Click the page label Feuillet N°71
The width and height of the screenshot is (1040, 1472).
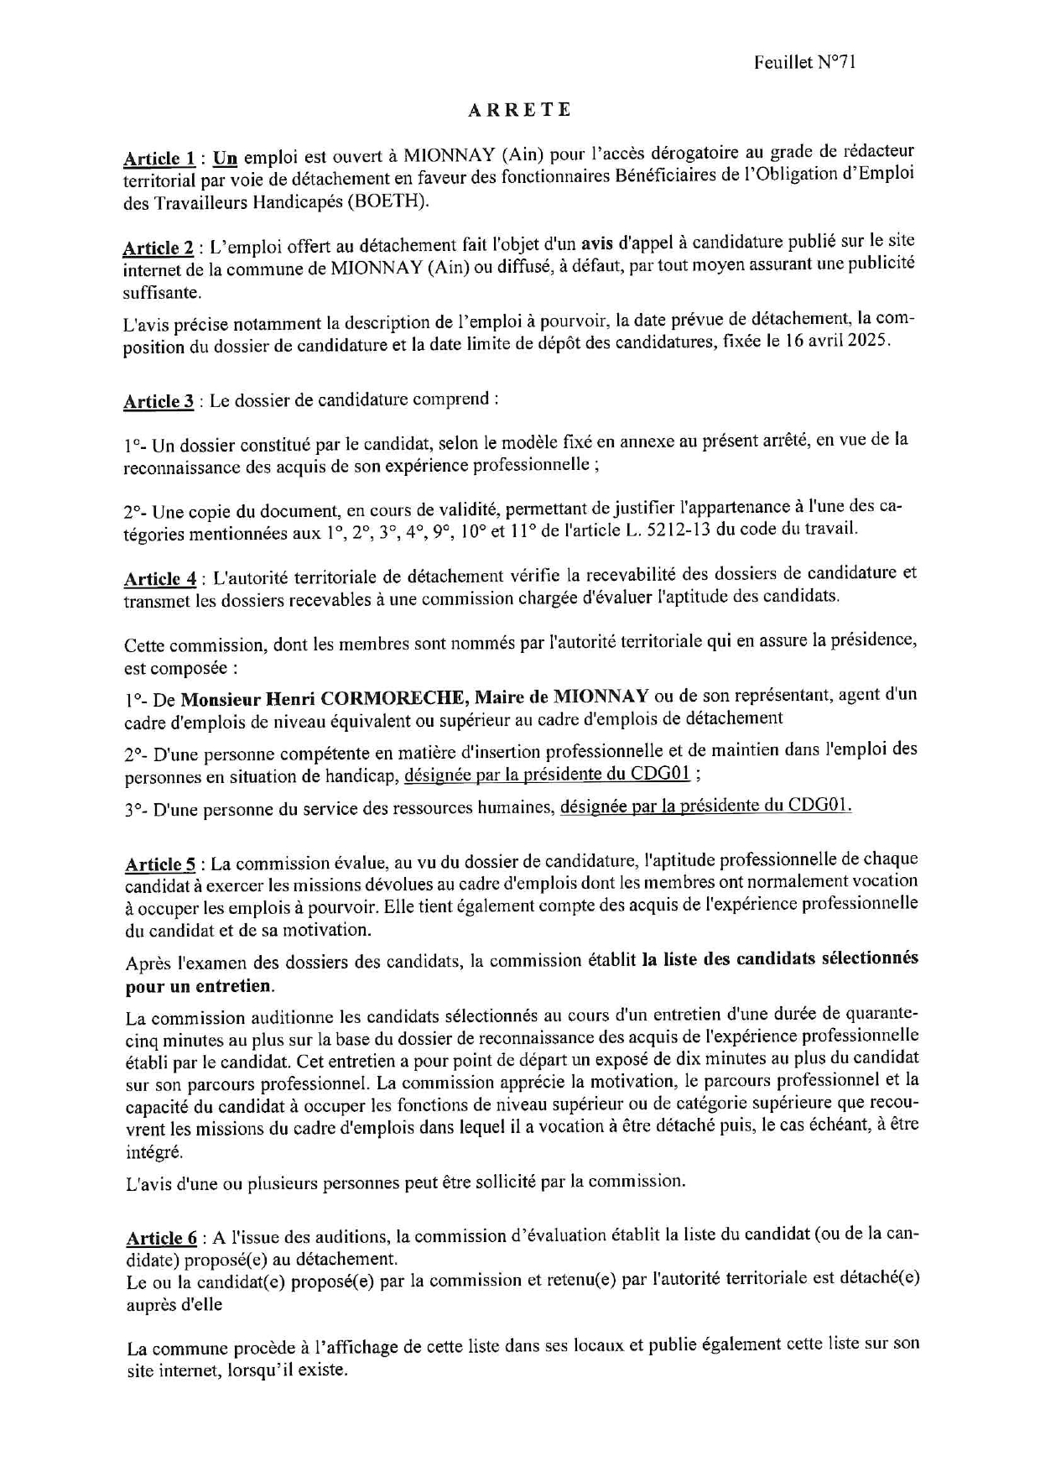click(803, 62)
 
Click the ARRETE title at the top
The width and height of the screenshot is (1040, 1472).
click(519, 110)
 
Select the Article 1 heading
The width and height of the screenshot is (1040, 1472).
click(159, 158)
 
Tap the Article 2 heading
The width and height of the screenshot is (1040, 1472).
click(159, 248)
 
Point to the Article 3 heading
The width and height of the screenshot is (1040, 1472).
click(159, 401)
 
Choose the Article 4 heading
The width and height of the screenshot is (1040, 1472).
click(160, 578)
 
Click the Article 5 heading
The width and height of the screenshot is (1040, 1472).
click(161, 864)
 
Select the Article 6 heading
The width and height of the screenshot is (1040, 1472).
click(162, 1238)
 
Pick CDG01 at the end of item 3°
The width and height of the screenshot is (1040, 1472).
click(819, 805)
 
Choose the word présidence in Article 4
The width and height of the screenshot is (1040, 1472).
click(872, 639)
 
